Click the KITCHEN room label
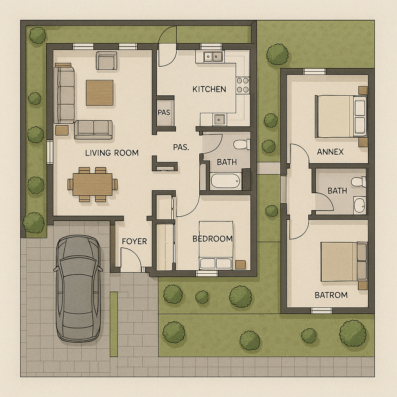tap(209, 89)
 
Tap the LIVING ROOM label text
tap(112, 153)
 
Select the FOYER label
tap(134, 242)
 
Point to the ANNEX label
tap(330, 152)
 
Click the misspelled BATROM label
tap(331, 295)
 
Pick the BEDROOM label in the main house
tap(213, 239)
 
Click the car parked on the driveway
tap(78, 288)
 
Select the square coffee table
tap(100, 93)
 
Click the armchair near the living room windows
tap(106, 60)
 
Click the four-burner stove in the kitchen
tap(243, 85)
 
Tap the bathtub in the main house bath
tap(225, 181)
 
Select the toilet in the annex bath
tap(358, 182)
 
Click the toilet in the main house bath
tap(242, 145)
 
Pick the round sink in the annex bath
tap(359, 205)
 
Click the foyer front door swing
tap(131, 257)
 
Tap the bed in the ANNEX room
tap(341, 116)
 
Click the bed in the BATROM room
tap(344, 262)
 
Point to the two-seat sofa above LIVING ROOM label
tap(93, 129)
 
